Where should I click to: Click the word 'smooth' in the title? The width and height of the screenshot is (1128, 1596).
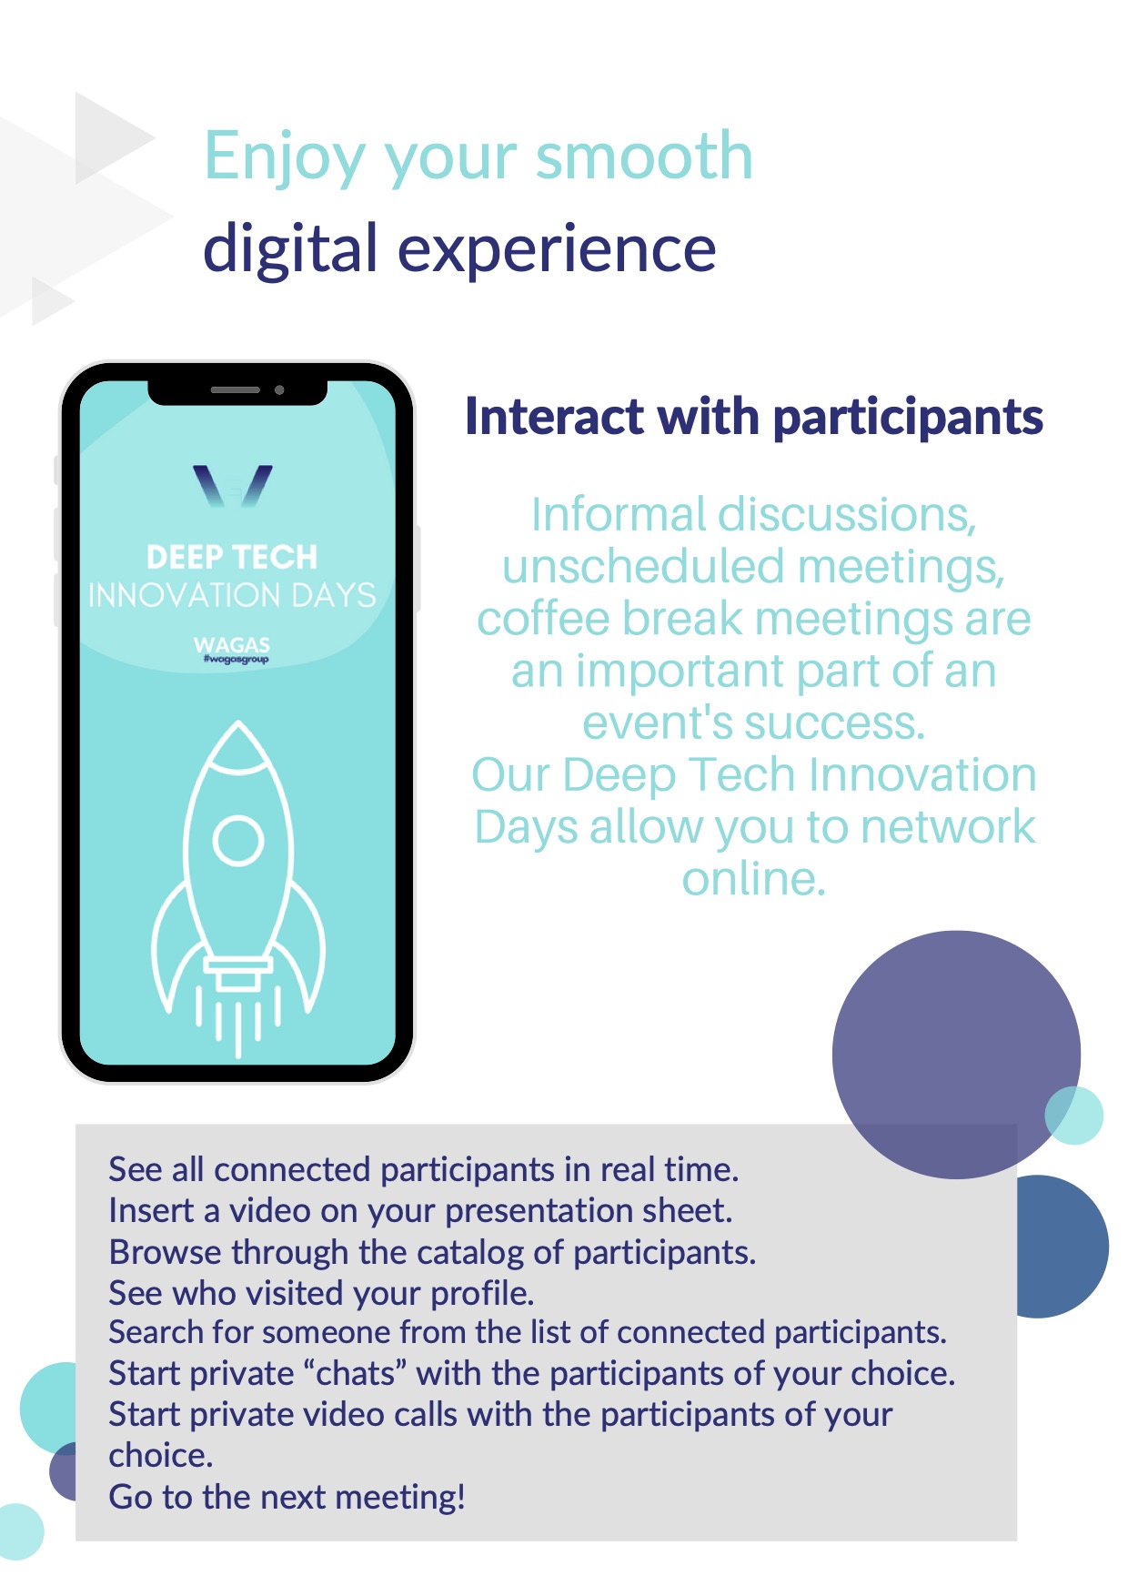644,156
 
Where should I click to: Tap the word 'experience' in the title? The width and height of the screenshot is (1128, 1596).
557,248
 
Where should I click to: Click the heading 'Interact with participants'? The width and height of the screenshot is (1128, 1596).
754,418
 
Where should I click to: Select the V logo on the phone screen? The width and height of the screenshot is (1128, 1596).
233,486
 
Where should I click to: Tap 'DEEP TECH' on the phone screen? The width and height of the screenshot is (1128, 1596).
232,557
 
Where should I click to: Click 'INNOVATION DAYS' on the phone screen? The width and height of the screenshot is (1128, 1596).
232,595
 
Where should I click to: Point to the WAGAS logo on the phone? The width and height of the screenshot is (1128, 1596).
233,649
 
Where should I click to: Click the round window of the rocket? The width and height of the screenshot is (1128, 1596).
238,841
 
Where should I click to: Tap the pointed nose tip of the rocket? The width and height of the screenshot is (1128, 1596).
238,722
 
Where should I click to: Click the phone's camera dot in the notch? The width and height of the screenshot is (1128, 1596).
279,390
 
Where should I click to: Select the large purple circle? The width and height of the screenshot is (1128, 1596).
956,1055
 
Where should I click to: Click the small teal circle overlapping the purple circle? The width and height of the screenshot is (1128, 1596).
1074,1115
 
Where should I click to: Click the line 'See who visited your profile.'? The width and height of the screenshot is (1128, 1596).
321,1293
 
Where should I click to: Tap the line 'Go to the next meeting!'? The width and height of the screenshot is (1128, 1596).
287,1497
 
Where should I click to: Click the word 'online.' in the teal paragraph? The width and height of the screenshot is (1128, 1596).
754,879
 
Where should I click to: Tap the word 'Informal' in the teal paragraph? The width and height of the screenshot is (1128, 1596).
619,515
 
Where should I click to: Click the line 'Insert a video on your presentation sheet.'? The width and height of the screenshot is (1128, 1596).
420,1211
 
